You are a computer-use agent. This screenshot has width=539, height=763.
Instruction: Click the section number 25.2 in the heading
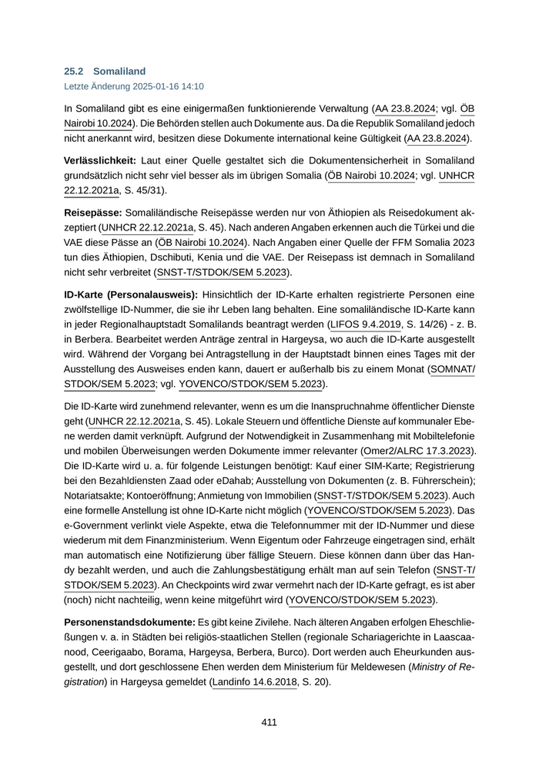click(73, 71)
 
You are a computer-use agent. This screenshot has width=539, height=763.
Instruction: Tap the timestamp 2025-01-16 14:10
click(170, 86)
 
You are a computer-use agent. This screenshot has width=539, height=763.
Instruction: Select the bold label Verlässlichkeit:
click(100, 160)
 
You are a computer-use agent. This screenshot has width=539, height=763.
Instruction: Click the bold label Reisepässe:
click(92, 211)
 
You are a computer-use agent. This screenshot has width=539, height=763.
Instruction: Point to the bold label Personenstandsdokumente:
click(129, 621)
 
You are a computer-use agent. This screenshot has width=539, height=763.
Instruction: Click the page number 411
click(269, 722)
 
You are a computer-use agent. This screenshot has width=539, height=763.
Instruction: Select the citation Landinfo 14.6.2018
click(255, 682)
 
